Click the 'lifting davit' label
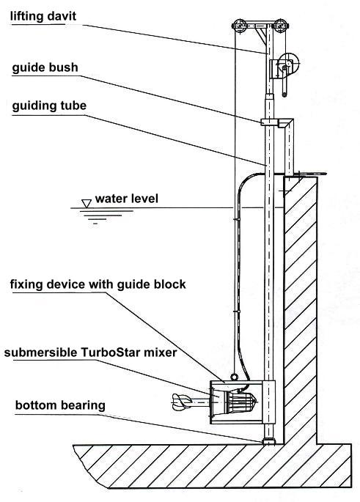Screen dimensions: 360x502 click(43, 16)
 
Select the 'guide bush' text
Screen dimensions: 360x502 click(45, 68)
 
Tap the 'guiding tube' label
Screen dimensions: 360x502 click(49, 106)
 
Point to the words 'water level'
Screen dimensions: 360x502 click(127, 199)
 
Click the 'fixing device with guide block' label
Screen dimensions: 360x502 click(98, 284)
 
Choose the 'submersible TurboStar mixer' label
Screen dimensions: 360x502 click(90, 352)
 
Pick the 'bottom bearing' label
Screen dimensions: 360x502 click(60, 405)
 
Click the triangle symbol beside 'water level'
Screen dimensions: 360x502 click(87, 204)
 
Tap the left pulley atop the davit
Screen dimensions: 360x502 click(239, 26)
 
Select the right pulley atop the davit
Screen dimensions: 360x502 click(281, 26)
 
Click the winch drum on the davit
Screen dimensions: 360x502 click(289, 63)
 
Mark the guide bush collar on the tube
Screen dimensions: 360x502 click(269, 122)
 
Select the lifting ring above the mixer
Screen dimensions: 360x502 click(234, 377)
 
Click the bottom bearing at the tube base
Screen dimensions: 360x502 click(269, 442)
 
